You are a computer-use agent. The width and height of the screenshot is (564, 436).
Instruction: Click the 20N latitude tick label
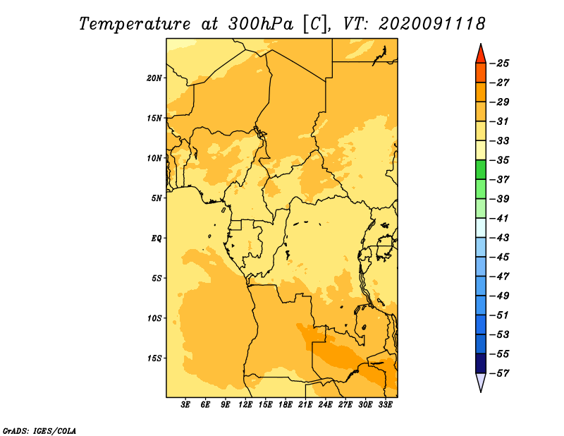154,78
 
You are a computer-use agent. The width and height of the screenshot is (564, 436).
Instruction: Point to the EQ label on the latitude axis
156,238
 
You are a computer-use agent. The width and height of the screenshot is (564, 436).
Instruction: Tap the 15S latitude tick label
154,358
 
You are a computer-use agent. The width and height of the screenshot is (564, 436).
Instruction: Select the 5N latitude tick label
157,198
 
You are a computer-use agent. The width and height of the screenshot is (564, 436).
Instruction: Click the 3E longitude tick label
185,405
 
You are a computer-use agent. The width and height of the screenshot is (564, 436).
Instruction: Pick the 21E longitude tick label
305,405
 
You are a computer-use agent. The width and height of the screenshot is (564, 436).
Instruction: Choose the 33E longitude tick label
385,405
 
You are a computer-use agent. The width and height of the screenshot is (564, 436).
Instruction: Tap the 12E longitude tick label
245,405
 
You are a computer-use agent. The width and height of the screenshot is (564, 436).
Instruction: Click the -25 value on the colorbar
499,63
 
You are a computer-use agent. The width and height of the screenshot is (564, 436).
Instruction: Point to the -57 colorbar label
499,373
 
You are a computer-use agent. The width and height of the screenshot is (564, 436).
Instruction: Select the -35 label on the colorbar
499,160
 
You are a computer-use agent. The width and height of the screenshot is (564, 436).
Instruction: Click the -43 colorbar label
499,238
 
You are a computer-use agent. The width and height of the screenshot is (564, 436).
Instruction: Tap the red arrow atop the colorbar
481,55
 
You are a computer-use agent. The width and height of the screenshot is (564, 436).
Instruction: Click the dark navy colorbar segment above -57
481,363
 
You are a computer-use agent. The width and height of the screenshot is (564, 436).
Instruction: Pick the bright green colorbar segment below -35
481,170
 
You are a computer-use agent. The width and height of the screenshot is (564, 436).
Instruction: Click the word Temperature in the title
135,24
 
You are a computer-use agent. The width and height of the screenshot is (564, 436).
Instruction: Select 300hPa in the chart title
261,24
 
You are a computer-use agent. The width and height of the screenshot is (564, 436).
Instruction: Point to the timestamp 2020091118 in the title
432,24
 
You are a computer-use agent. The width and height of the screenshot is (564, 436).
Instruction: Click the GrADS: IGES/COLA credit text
39,430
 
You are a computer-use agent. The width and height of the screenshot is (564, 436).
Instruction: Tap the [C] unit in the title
315,24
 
